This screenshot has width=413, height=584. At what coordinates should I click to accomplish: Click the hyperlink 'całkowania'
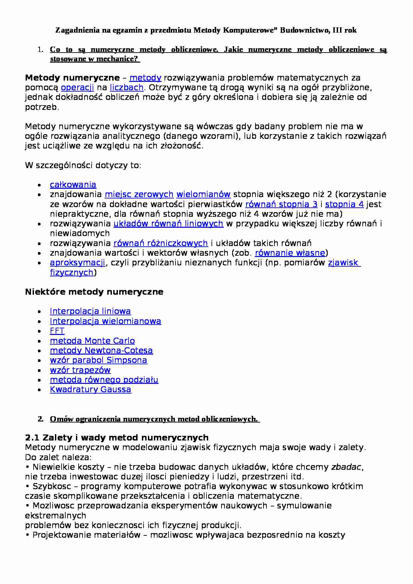tap(73, 185)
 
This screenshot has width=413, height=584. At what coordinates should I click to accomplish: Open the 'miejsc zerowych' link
tap(139, 194)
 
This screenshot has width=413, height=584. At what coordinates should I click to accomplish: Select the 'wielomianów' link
tap(203, 194)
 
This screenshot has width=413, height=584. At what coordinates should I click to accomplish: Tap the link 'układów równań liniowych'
tap(168, 224)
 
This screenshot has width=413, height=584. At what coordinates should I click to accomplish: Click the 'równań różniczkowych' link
tap(161, 243)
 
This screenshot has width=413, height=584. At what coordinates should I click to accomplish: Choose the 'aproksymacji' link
tap(78, 263)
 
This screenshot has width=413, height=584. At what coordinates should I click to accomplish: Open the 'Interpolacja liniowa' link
tap(90, 311)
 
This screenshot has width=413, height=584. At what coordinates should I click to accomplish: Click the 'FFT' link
tap(57, 331)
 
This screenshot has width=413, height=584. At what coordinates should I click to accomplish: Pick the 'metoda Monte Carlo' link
tap(92, 341)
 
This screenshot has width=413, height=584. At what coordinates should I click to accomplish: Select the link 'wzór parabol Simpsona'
tap(98, 360)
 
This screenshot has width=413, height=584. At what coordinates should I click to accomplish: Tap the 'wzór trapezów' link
tap(80, 370)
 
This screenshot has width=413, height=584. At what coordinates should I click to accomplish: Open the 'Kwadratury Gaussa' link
tap(90, 390)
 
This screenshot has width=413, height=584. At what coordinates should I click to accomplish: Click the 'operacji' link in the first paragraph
tap(78, 88)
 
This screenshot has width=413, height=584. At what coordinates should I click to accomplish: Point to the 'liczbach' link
tap(127, 88)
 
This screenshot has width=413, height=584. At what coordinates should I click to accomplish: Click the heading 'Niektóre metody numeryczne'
tap(94, 292)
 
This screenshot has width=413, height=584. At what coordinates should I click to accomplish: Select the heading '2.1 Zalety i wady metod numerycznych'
tap(117, 438)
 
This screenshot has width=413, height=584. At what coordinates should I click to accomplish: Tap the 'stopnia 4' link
tap(344, 204)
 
